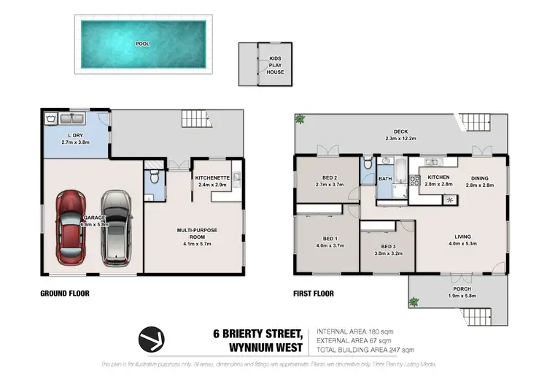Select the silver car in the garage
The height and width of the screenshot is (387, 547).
tap(115, 227)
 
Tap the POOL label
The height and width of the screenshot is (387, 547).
tap(142, 44)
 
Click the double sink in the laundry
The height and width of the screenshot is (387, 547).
tap(73, 118)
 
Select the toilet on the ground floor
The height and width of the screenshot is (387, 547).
tap(151, 177)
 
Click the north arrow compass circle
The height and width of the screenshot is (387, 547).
tap(151, 338)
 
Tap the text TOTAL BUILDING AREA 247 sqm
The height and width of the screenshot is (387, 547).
tap(360, 349)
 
